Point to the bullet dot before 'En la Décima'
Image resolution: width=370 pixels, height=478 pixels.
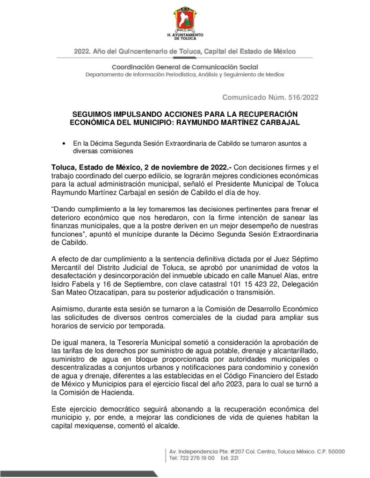[64, 143]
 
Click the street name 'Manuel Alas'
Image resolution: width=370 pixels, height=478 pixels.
[267, 276]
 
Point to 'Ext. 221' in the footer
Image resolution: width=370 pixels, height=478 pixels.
[229, 458]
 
